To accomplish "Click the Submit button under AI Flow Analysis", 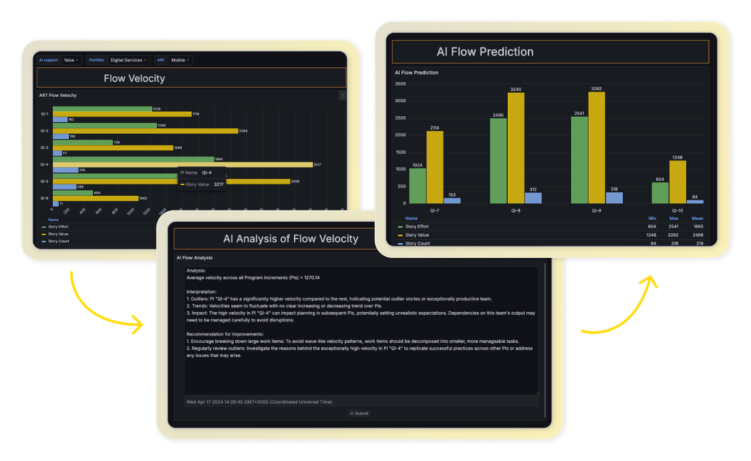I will click(x=359, y=414).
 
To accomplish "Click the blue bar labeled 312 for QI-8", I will click(x=533, y=198).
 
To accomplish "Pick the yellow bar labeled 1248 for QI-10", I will click(x=678, y=182).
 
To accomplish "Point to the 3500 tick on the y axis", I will click(x=400, y=84).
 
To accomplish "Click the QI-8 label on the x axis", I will click(x=515, y=210).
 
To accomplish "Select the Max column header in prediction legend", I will click(x=673, y=218).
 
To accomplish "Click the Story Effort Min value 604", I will click(x=652, y=226).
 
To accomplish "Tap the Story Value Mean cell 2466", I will click(x=697, y=235).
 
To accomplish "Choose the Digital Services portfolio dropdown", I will click(x=128, y=60).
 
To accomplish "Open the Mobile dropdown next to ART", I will click(x=180, y=60).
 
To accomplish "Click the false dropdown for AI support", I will click(x=71, y=60).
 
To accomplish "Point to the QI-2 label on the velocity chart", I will click(x=44, y=131).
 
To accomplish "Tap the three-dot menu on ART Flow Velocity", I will click(x=343, y=96).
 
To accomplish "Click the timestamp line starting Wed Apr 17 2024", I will click(x=259, y=402).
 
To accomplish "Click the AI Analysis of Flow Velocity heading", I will click(x=291, y=239).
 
